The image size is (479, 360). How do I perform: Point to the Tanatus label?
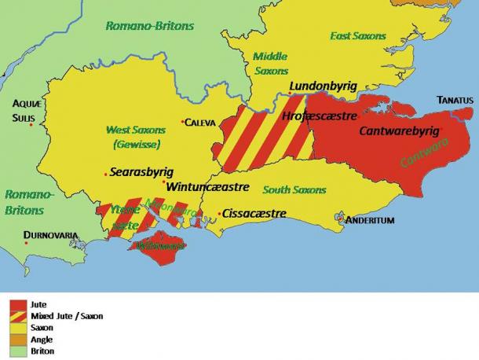pyautogui.click(x=455, y=100)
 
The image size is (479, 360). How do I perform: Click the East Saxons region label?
pyautogui.click(x=357, y=36)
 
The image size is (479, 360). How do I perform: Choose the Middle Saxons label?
pyautogui.click(x=271, y=64)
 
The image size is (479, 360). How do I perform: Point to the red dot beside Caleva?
pyautogui.click(x=182, y=122)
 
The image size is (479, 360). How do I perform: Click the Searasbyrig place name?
pyautogui.click(x=141, y=171)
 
